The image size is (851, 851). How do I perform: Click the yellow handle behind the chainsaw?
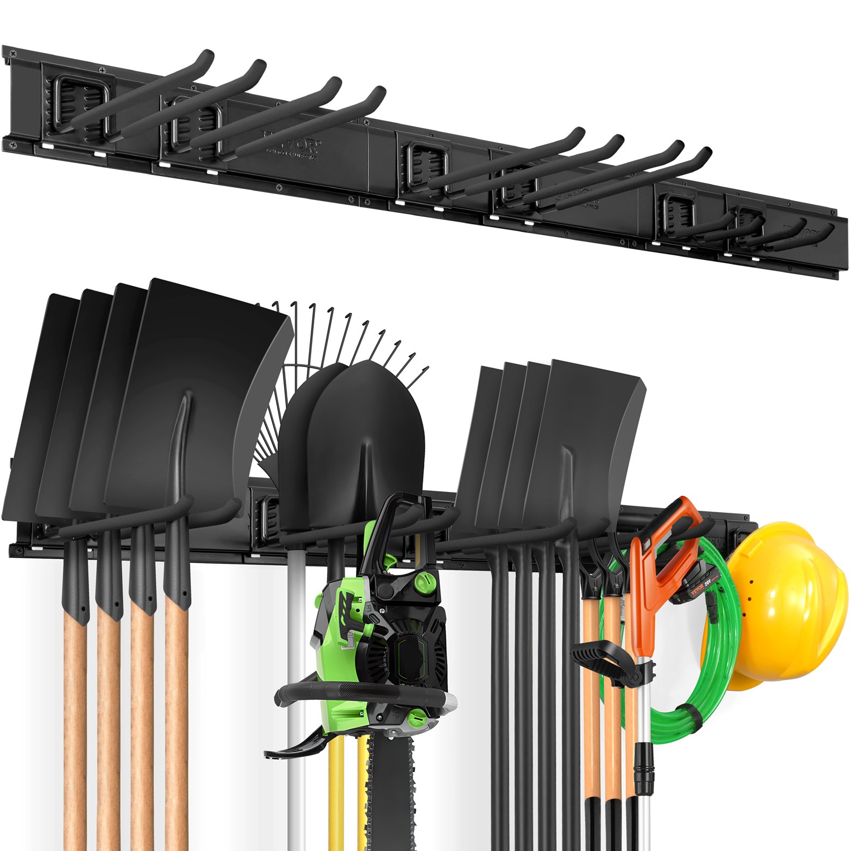coord(335,798)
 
